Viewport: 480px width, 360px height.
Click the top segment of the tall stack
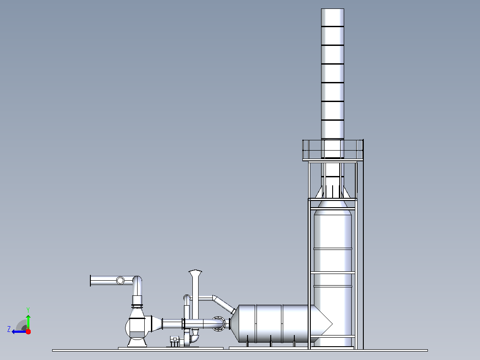point(333,17)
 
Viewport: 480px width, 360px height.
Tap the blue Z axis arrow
point(19,331)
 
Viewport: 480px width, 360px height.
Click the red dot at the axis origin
point(28,331)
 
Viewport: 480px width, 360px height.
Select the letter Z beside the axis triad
point(9,329)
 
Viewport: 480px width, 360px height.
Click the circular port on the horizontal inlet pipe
point(120,280)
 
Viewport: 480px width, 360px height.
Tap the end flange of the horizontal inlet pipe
point(91,281)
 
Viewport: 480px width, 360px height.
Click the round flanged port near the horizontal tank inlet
point(218,323)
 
